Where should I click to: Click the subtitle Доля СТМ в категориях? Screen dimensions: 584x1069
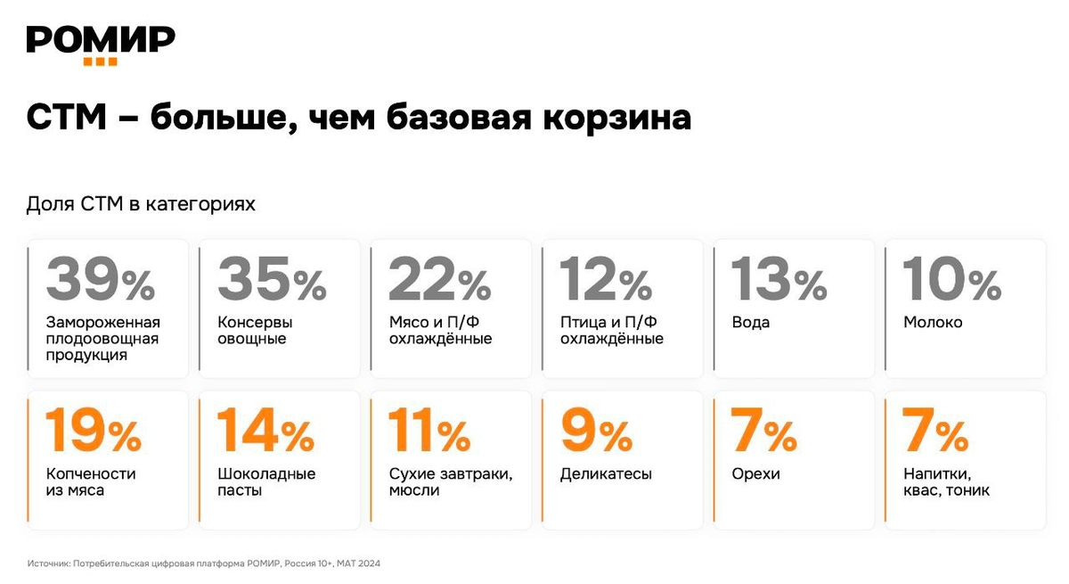tap(141, 204)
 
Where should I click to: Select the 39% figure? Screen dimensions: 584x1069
tap(101, 280)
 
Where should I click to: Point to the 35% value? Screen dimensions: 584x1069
tap(272, 280)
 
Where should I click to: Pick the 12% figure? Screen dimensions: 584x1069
tap(606, 280)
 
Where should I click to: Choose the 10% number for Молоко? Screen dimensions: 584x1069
tap(951, 280)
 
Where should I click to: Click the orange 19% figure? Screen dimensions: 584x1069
tap(93, 431)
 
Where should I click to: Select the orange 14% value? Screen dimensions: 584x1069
tap(265, 431)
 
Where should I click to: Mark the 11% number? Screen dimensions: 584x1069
tap(429, 431)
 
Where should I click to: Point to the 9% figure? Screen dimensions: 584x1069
tap(596, 431)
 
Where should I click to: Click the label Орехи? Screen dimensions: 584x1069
tap(755, 474)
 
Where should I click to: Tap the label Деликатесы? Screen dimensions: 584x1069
tap(606, 474)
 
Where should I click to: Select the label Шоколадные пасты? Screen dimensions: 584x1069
tap(266, 482)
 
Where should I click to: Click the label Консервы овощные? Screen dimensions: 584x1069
tap(255, 331)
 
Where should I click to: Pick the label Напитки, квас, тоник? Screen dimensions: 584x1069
tap(946, 482)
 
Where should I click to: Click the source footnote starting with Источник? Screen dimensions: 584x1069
tap(204, 563)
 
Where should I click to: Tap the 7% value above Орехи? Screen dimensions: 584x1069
tap(763, 431)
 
